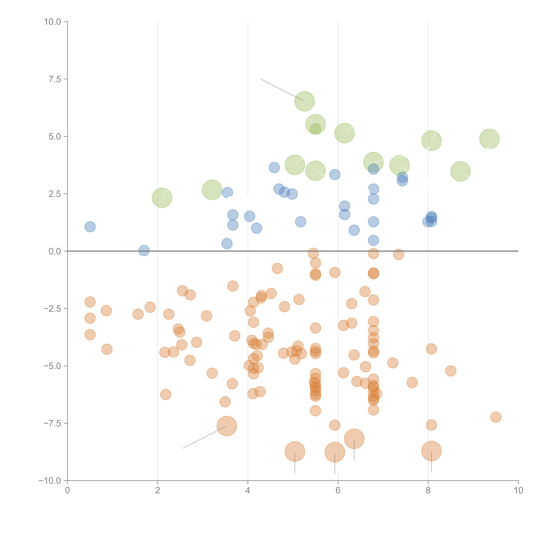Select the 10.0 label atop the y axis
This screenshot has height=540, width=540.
(x=53, y=22)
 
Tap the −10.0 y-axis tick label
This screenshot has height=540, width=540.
(x=50, y=481)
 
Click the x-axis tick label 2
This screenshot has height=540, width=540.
(x=158, y=491)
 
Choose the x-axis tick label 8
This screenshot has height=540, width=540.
(x=428, y=491)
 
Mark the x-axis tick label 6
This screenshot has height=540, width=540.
(x=338, y=491)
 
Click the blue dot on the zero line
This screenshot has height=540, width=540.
(x=144, y=251)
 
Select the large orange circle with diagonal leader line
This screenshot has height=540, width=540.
(x=227, y=426)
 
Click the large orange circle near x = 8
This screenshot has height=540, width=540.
(x=431, y=451)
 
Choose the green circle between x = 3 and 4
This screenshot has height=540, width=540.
(x=212, y=190)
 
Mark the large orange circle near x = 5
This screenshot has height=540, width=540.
(x=295, y=451)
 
